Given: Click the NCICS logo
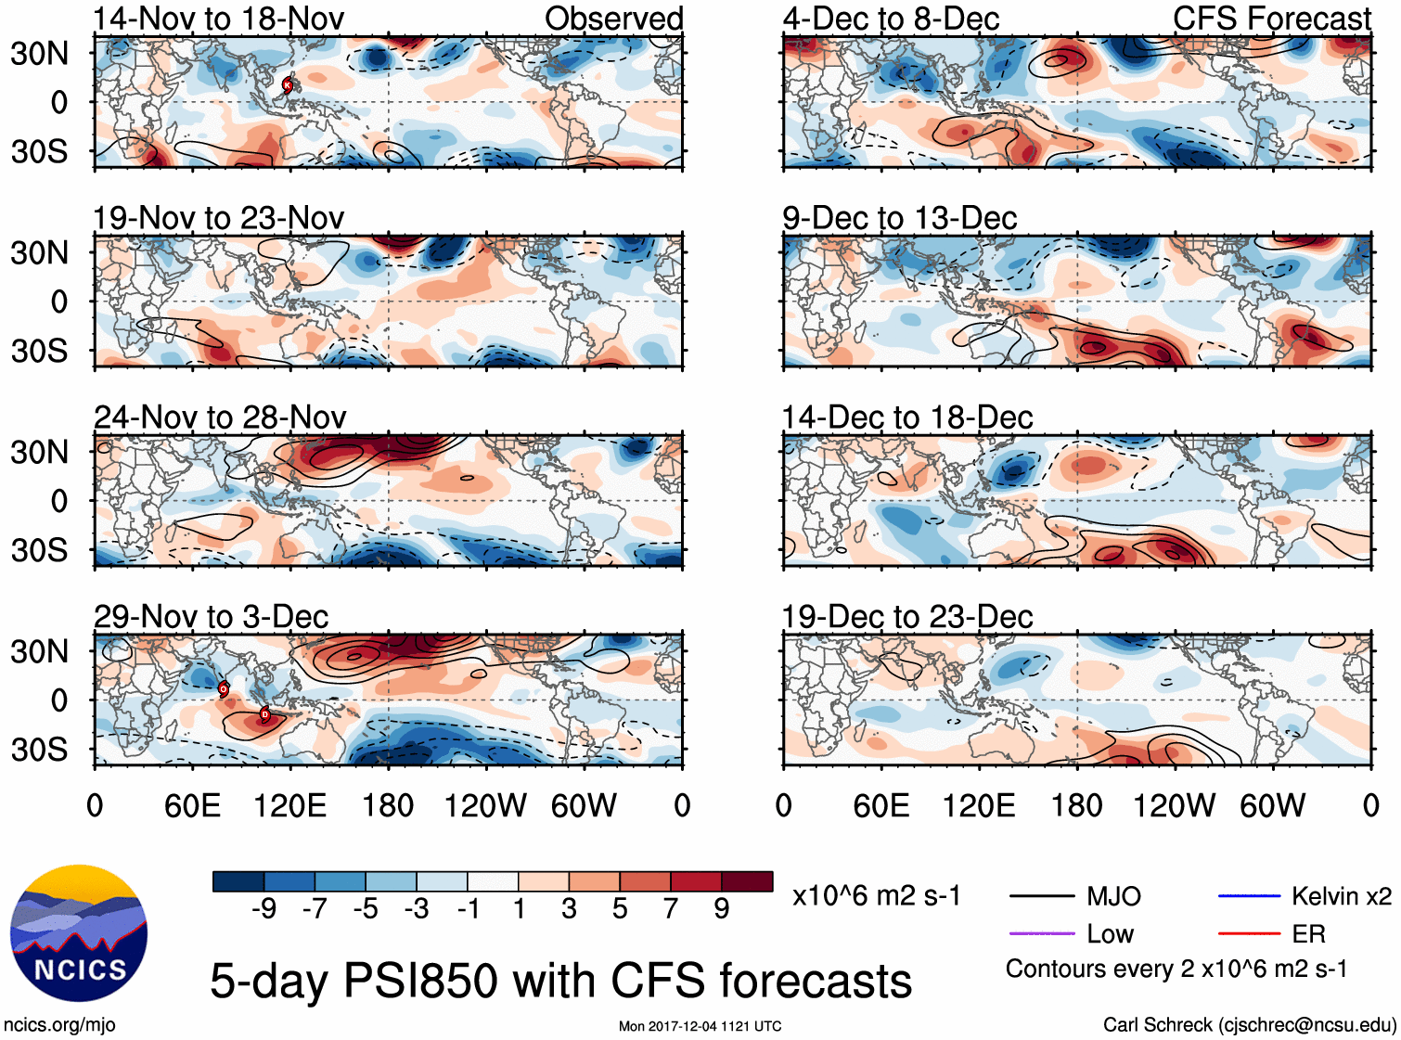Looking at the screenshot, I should coord(79,933).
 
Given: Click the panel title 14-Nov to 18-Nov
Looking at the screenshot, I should coord(219,19).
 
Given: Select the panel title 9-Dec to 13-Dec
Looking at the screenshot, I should coord(899,218).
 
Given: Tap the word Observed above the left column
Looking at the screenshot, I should coord(613,19).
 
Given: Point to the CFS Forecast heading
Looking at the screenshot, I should coord(1271,19).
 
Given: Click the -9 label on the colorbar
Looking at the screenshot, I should coord(263,909).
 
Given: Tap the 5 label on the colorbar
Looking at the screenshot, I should coord(620,909).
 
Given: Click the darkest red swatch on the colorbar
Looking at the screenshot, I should coord(747,881).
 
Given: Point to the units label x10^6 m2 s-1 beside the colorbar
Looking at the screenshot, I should coord(876,896).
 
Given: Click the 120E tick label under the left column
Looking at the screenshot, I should coord(289,805).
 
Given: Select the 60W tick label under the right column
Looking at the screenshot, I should coord(1272,805).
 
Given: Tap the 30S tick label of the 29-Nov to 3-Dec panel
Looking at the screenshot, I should coord(39,749).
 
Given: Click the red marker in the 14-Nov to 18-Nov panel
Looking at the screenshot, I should coord(288,85).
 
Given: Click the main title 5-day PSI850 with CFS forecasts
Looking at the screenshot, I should coord(560,981).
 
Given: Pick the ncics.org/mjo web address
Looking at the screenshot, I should coord(59,1025).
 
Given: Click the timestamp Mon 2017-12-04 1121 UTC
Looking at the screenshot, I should coord(700,1026).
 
